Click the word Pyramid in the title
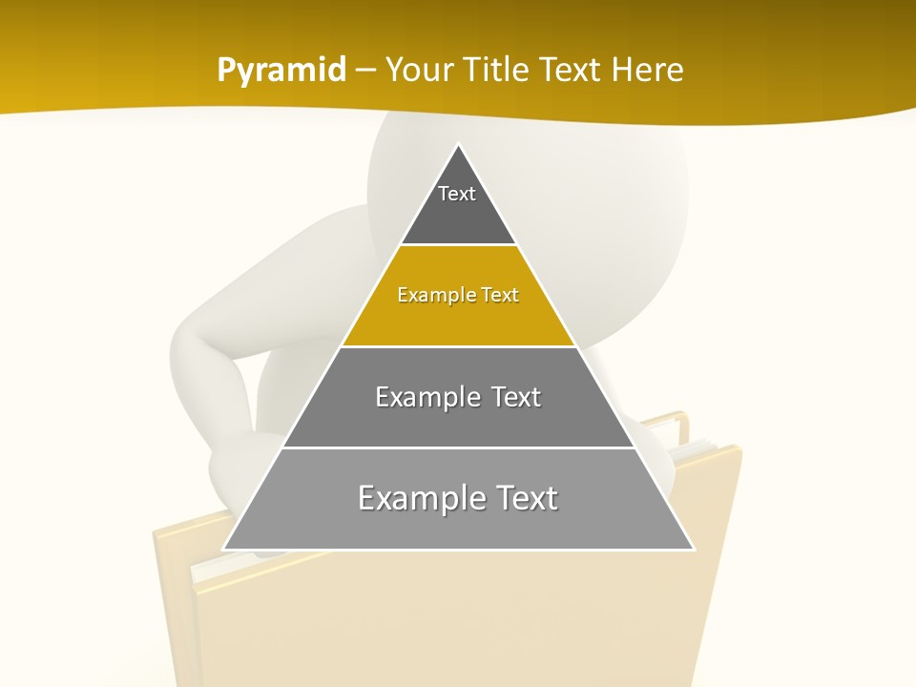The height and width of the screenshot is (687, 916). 281,71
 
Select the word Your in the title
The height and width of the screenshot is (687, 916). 425,70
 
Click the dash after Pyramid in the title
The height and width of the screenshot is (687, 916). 365,71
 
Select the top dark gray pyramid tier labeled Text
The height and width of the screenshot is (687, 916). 458,205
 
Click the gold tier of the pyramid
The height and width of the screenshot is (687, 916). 458,315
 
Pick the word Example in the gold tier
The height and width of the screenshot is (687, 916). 429,295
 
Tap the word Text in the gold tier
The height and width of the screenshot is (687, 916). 500,295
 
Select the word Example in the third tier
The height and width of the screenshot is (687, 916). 425,397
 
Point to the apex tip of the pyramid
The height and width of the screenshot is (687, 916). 458,145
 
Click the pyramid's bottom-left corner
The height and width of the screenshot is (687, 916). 224,549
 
